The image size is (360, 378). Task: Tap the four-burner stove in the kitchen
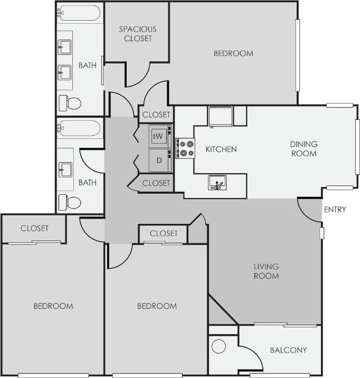[185, 148]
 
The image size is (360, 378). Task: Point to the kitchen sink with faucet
[217, 183]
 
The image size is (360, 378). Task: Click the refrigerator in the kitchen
[221, 116]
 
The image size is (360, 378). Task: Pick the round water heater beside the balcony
[219, 346]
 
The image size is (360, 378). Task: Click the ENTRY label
[335, 210]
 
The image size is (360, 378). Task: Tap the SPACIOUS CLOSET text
[137, 34]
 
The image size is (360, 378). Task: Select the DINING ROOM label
[304, 148]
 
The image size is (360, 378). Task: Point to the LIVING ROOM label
[266, 271]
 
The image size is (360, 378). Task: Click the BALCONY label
[288, 350]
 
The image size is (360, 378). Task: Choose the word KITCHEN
[221, 149]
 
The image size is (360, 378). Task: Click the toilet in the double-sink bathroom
[70, 103]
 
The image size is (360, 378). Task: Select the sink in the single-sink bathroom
[65, 169]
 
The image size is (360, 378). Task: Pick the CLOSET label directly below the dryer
[156, 183]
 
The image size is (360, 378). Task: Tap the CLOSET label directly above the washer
[156, 115]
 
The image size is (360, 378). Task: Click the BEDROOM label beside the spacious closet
[233, 53]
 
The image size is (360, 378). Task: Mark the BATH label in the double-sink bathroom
[88, 65]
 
